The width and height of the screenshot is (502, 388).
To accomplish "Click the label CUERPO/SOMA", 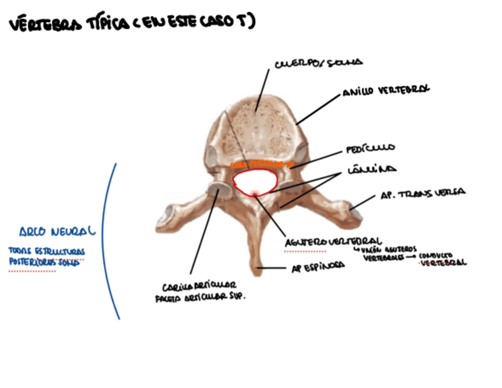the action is [x=318, y=63].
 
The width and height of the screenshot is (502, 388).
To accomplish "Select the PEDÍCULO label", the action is [x=371, y=148].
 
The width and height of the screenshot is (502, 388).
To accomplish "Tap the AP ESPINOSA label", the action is [x=318, y=267].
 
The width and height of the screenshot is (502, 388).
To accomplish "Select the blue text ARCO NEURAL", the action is [x=57, y=231].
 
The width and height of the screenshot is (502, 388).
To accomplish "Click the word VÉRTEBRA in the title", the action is [x=44, y=23].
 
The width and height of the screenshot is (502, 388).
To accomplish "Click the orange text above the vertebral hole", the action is [x=261, y=163].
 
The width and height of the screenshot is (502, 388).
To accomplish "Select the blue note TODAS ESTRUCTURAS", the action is [x=47, y=251].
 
